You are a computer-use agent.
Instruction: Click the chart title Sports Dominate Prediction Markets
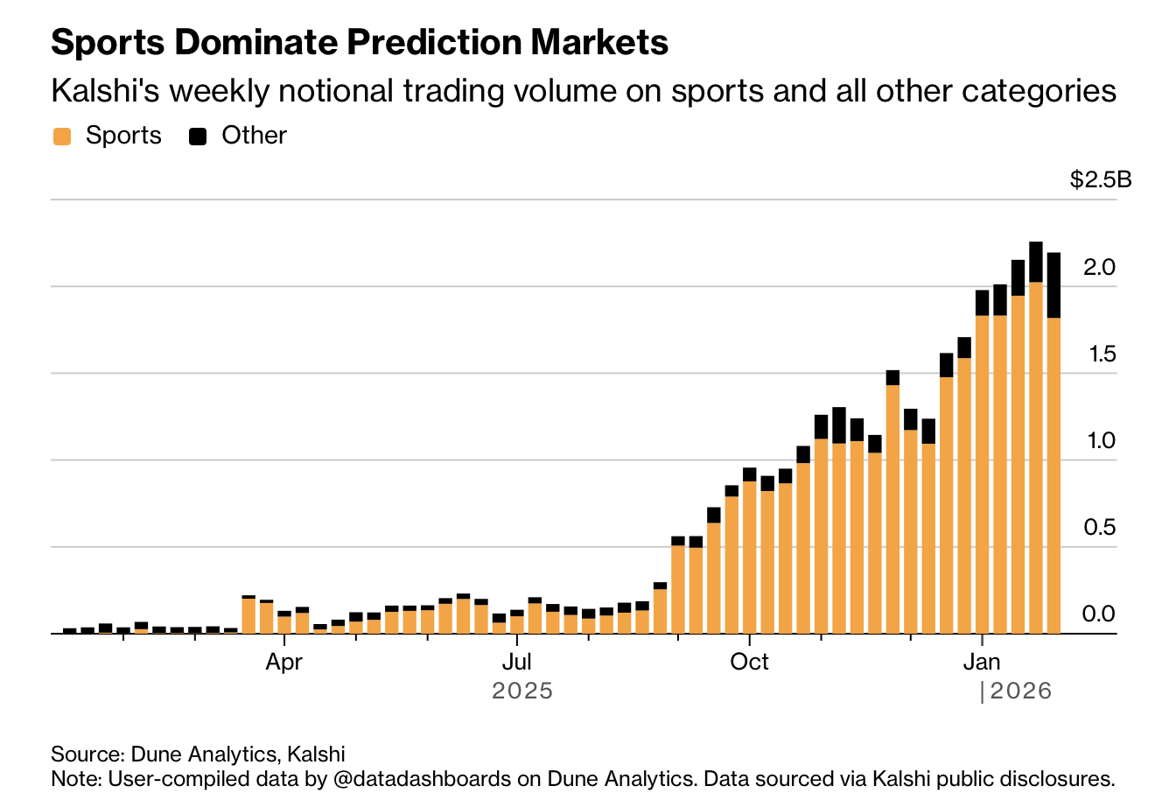click(x=360, y=42)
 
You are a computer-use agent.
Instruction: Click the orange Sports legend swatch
click(x=62, y=137)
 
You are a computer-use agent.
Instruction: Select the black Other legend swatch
click(x=199, y=137)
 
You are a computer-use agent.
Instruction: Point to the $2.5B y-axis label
click(x=1100, y=180)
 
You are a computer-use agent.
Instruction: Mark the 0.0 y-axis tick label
click(x=1099, y=614)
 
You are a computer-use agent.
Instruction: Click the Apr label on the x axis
click(x=283, y=662)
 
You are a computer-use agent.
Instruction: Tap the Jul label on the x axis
click(x=516, y=662)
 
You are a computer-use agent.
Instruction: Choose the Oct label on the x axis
click(x=749, y=662)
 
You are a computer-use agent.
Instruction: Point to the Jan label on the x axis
click(x=982, y=662)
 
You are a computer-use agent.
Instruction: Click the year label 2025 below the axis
click(x=522, y=691)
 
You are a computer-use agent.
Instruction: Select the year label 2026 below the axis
click(x=1020, y=691)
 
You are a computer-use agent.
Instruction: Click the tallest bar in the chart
click(x=1036, y=438)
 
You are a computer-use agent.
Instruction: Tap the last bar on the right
click(x=1053, y=446)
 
